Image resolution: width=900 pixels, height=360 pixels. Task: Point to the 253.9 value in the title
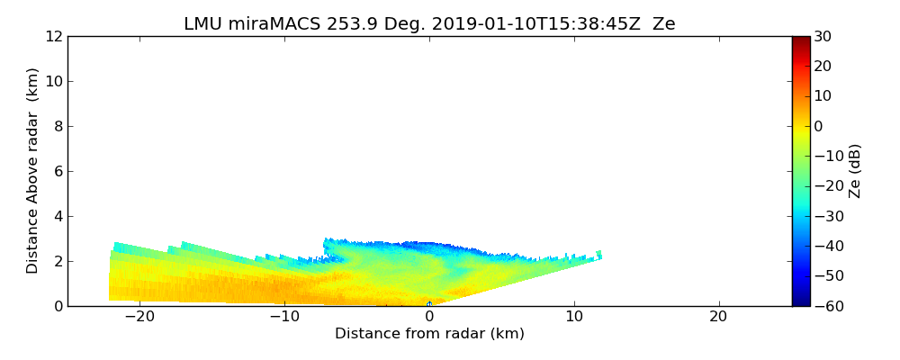tap(351, 24)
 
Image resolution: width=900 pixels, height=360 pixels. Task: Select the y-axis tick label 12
tap(54, 37)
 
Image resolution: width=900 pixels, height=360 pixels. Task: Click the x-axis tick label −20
tap(139, 318)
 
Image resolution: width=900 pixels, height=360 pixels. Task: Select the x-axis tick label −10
tap(283, 318)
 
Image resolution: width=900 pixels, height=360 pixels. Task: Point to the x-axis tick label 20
tap(718, 318)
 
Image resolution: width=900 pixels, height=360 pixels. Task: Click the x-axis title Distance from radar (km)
tap(429, 334)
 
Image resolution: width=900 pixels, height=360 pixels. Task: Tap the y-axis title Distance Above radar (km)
tap(33, 170)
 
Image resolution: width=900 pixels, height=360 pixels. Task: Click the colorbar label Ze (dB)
tap(855, 171)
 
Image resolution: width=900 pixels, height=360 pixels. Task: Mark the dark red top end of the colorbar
tap(800, 40)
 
